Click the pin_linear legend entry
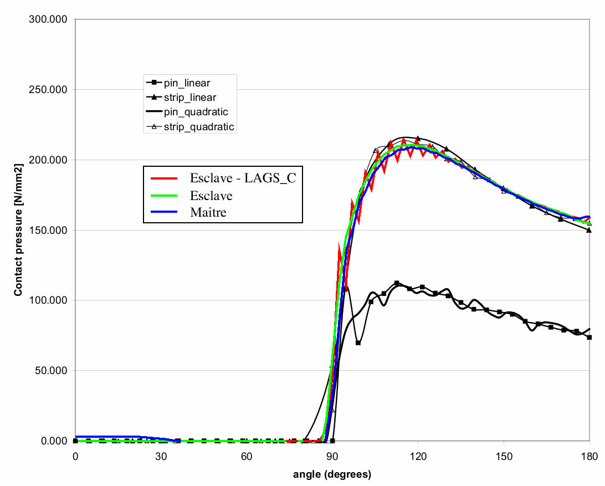[186, 83]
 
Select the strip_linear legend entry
[189, 98]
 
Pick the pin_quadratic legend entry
[196, 112]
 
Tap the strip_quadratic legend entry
[198, 127]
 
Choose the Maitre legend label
[208, 212]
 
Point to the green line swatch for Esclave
[163, 196]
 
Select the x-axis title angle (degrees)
[332, 474]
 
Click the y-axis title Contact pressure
[18, 230]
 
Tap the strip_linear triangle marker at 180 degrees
[589, 230]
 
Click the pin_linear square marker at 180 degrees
[589, 337]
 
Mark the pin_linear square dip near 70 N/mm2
[358, 343]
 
